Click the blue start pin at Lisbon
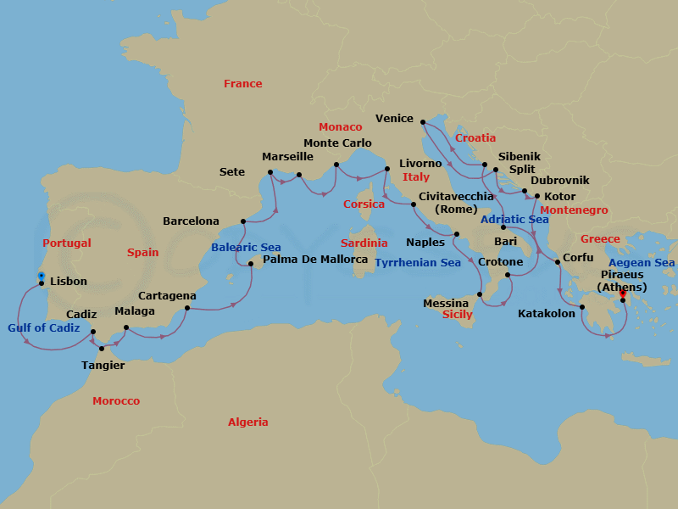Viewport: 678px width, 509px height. point(41,277)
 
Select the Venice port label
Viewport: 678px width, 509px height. point(393,119)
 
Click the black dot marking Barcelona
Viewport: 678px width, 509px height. point(243,222)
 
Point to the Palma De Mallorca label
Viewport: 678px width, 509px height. point(315,259)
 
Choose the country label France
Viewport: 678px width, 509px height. point(242,83)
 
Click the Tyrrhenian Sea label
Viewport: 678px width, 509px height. point(418,263)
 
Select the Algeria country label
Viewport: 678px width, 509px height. point(247,422)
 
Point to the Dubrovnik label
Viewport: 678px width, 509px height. point(559,180)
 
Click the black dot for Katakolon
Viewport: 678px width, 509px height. point(582,307)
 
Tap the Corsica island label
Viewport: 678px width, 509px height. point(364,204)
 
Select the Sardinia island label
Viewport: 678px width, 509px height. point(364,243)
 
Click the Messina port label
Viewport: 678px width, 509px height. point(446,303)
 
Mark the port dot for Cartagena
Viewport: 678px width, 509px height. point(187,308)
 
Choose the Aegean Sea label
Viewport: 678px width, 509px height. point(642,263)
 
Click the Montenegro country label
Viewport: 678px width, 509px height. point(574,210)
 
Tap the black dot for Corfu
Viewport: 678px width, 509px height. point(557,262)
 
